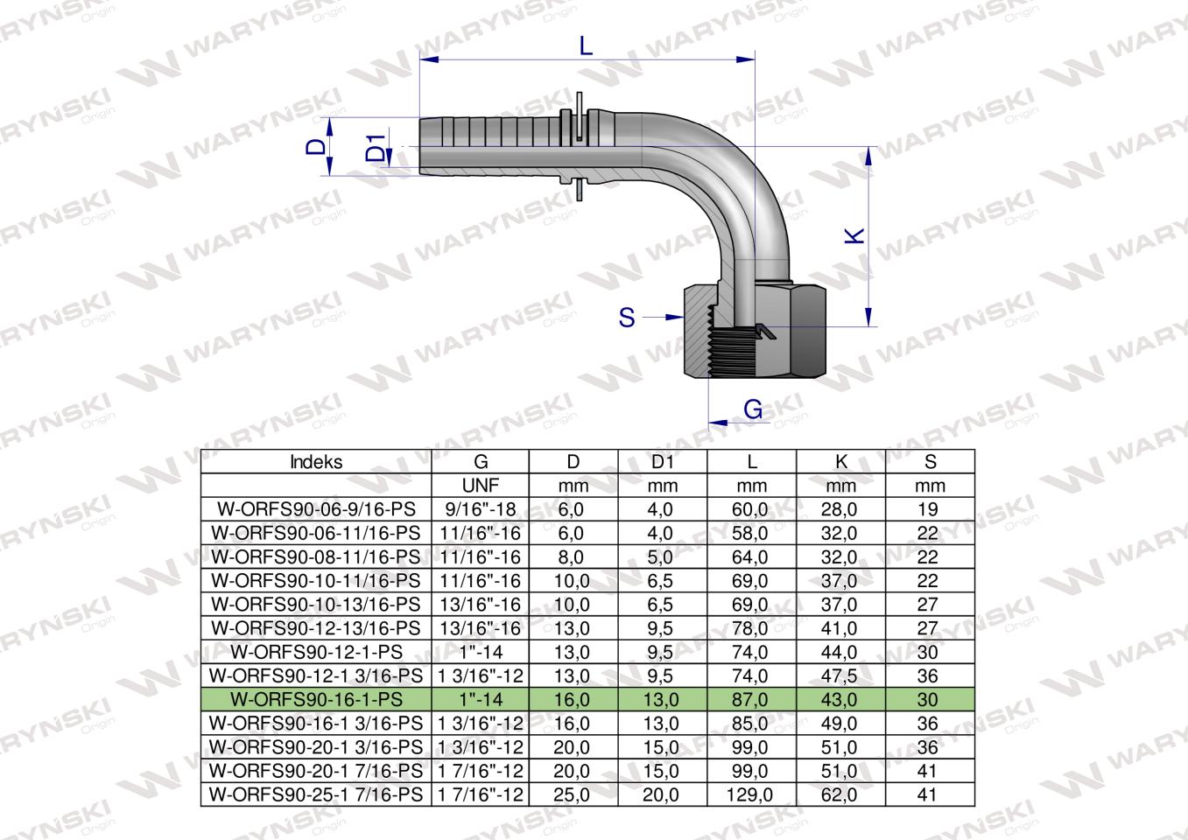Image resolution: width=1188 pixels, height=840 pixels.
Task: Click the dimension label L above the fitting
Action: pyautogui.click(x=586, y=45)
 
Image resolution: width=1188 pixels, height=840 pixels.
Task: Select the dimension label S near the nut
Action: pyautogui.click(x=627, y=317)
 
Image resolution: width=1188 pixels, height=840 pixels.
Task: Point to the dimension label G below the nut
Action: pyautogui.click(x=752, y=409)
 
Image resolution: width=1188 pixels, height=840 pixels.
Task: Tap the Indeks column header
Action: pyautogui.click(x=316, y=462)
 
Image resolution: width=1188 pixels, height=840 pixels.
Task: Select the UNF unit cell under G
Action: pyautogui.click(x=480, y=486)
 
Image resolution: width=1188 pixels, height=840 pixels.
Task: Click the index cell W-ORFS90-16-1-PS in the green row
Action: pyautogui.click(x=316, y=700)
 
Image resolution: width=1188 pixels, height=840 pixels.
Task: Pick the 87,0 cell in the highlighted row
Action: pyautogui.click(x=751, y=700)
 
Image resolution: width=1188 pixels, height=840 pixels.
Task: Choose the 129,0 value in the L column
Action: pyautogui.click(x=751, y=795)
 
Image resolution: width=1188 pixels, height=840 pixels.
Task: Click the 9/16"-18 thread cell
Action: pyautogui.click(x=480, y=509)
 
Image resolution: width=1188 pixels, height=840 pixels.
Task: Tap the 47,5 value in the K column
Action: pyautogui.click(x=840, y=676)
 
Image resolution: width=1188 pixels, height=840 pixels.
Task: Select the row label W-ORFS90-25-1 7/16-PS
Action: pyautogui.click(x=316, y=795)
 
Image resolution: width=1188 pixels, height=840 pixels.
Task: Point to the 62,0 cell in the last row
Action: pyautogui.click(x=840, y=795)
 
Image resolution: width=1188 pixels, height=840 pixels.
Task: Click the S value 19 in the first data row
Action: pyautogui.click(x=929, y=509)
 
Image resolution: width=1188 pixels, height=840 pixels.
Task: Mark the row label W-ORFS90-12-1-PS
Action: pyautogui.click(x=316, y=653)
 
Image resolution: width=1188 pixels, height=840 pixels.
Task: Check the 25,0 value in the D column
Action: pyautogui.click(x=573, y=795)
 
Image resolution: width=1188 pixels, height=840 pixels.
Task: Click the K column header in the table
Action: pyautogui.click(x=840, y=462)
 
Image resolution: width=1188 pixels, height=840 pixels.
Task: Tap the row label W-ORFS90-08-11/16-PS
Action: pyautogui.click(x=316, y=557)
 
